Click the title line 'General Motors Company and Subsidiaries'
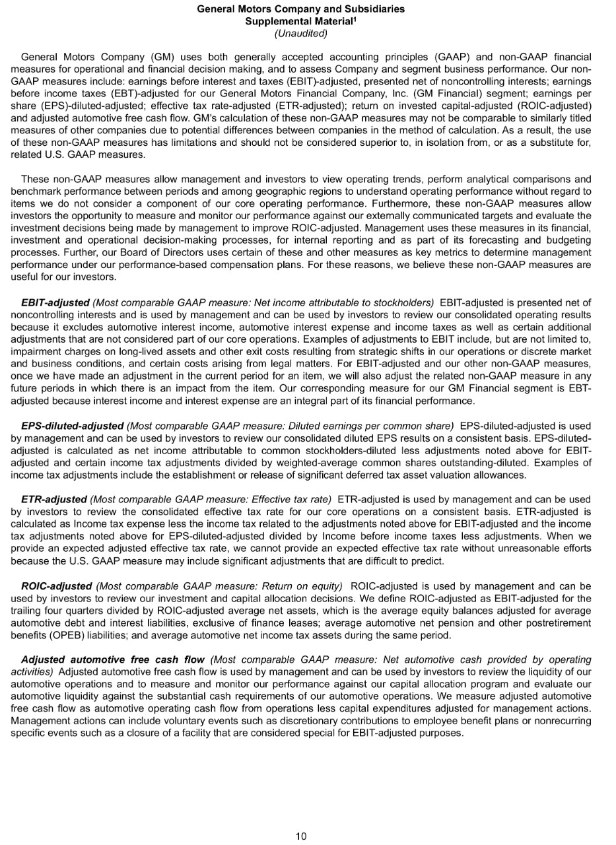(301, 9)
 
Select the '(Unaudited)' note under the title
(301, 33)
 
